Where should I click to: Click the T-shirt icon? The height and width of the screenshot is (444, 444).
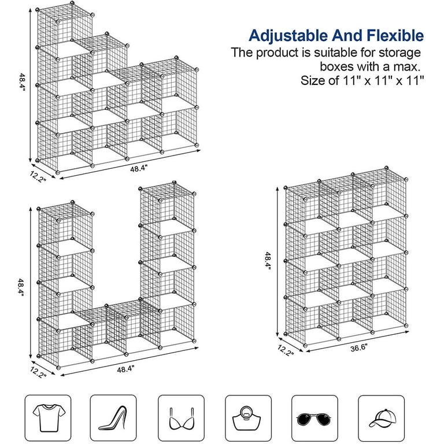[49, 417]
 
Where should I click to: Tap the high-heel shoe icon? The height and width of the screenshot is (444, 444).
[113, 418]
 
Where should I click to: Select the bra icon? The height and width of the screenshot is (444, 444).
[181, 419]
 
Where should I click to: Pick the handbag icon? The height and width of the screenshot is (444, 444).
[247, 418]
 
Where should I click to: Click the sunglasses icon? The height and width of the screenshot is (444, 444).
[313, 419]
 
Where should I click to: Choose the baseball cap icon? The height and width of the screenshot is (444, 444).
[382, 417]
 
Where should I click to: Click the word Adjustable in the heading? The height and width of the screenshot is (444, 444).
[288, 36]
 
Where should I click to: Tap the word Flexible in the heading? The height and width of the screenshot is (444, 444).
[395, 35]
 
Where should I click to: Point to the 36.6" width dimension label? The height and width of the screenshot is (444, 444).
[358, 347]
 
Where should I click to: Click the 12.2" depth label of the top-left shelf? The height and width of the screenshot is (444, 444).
[38, 177]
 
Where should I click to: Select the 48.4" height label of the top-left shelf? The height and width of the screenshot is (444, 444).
[23, 82]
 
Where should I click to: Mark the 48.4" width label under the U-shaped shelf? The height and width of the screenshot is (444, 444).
[125, 369]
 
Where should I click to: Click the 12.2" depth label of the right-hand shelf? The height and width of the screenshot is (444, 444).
[286, 350]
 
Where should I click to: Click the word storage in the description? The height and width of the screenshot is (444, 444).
[400, 53]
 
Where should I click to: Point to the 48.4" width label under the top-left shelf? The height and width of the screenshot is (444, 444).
[139, 169]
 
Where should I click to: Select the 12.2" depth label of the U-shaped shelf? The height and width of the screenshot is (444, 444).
[38, 372]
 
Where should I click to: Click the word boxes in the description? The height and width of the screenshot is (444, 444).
[336, 67]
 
